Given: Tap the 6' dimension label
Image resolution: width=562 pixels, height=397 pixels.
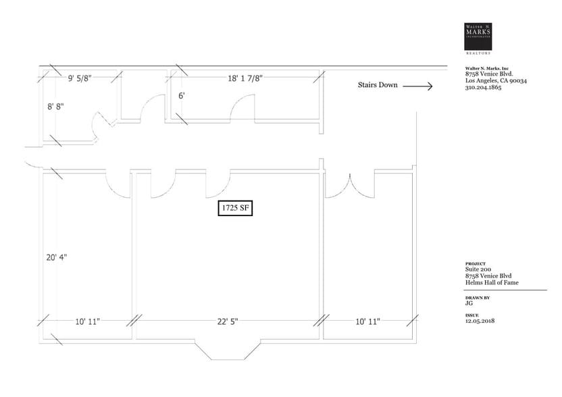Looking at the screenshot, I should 182,97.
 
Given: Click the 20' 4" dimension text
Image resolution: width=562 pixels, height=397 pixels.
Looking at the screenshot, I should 57,257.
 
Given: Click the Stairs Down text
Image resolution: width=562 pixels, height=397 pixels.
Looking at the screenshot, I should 378,86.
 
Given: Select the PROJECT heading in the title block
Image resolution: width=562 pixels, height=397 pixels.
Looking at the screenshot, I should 475,264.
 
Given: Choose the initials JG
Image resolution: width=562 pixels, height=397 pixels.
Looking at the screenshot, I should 469,304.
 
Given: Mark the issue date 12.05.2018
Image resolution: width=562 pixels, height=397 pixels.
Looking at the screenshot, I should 481,321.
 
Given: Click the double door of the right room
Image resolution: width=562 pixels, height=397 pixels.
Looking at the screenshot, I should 351,186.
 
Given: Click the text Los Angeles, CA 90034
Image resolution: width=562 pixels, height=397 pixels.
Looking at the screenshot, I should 496,81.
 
